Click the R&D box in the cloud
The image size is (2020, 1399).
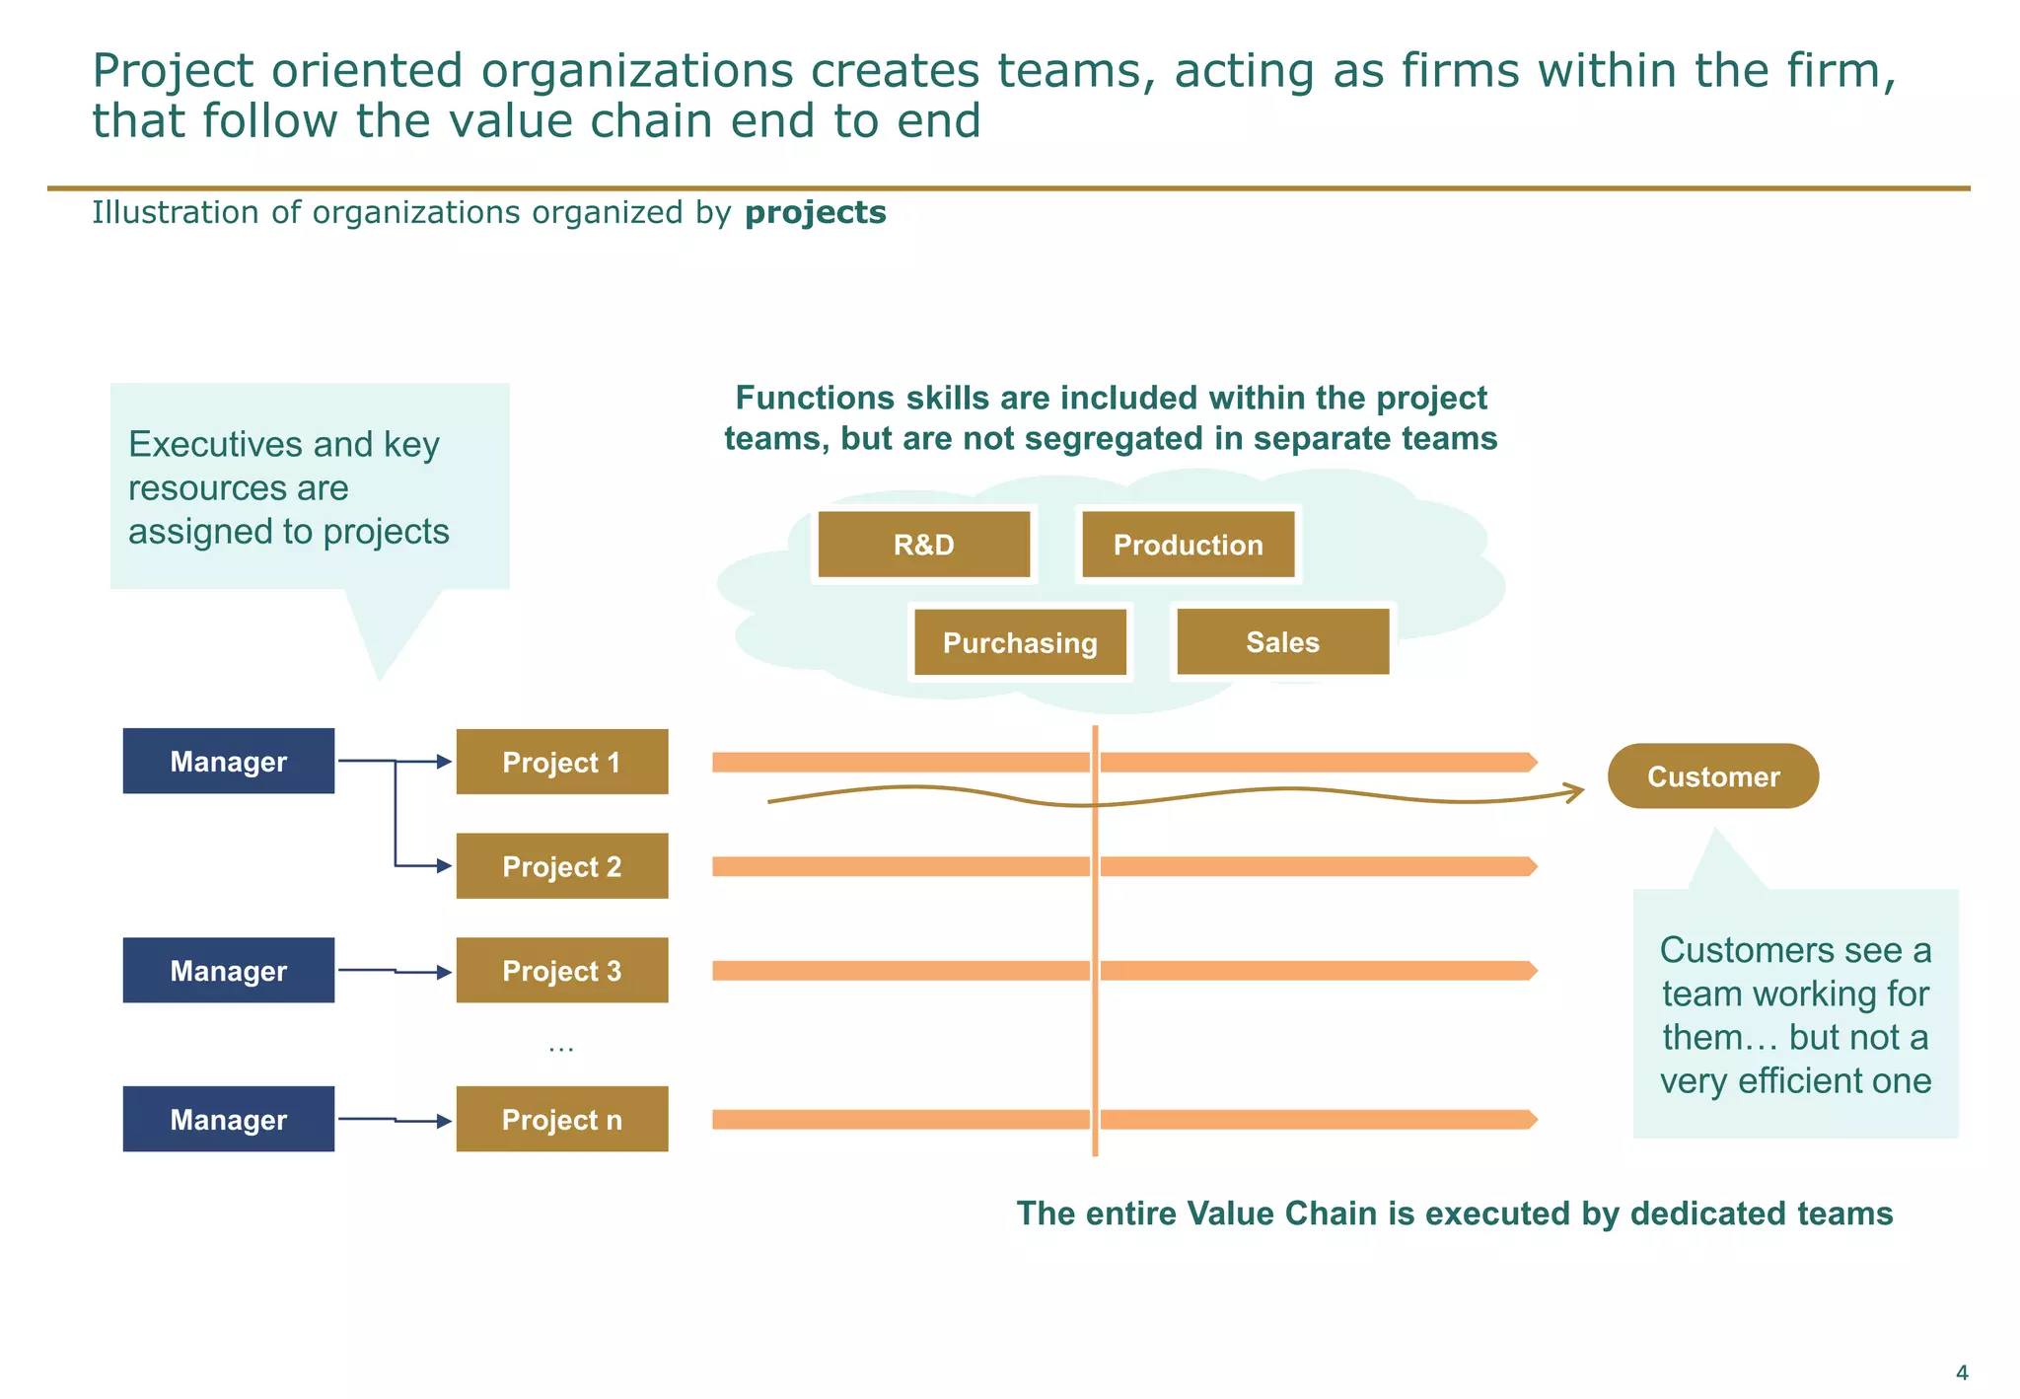pyautogui.click(x=923, y=545)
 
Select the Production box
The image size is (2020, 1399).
pyautogui.click(x=1188, y=545)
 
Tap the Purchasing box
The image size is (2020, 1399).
pyautogui.click(x=1020, y=642)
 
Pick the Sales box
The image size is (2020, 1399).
pyautogui.click(x=1282, y=642)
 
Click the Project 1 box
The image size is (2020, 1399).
pyautogui.click(x=561, y=762)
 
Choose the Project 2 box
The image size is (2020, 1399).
pyautogui.click(x=561, y=866)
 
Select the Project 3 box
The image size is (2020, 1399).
pyautogui.click(x=561, y=971)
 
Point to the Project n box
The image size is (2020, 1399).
pyautogui.click(x=561, y=1120)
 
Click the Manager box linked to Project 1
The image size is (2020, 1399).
pyautogui.click(x=228, y=761)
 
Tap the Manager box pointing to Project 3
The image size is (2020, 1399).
pyautogui.click(x=228, y=971)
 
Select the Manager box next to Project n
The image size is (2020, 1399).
pyautogui.click(x=228, y=1120)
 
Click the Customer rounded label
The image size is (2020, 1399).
pyautogui.click(x=1713, y=776)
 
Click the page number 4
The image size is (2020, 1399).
pyautogui.click(x=1961, y=1372)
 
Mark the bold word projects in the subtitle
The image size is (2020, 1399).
pyautogui.click(x=815, y=213)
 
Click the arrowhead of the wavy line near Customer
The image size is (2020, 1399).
pyautogui.click(x=1576, y=790)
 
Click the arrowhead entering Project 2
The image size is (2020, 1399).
pyautogui.click(x=445, y=866)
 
